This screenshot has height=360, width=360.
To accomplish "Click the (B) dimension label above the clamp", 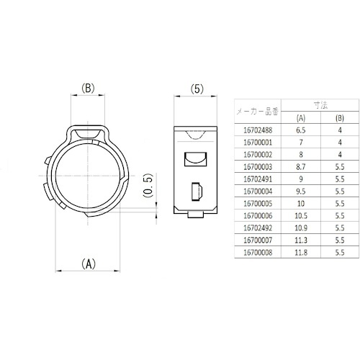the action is (x=88, y=88).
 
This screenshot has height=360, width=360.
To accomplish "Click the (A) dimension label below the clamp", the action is (x=89, y=264).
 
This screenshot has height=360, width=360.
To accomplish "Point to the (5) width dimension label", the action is (x=197, y=89).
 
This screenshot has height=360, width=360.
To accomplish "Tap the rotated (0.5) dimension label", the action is (x=148, y=185).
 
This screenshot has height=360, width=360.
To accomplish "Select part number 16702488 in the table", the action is (x=258, y=130).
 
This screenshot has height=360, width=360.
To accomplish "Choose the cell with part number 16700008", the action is (x=258, y=253).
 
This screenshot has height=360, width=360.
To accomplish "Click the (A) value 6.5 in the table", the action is (x=301, y=130).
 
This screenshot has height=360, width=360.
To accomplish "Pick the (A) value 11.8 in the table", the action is (x=301, y=253).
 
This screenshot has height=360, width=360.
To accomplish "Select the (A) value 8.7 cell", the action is (x=301, y=167).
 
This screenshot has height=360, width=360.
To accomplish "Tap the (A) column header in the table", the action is (x=301, y=118).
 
